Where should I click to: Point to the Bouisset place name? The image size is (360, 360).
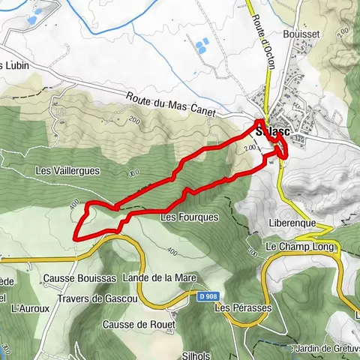[301, 34]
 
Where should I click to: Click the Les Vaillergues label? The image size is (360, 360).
[67, 171]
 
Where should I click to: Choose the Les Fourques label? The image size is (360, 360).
[189, 217]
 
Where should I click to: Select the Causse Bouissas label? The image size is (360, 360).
[79, 278]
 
